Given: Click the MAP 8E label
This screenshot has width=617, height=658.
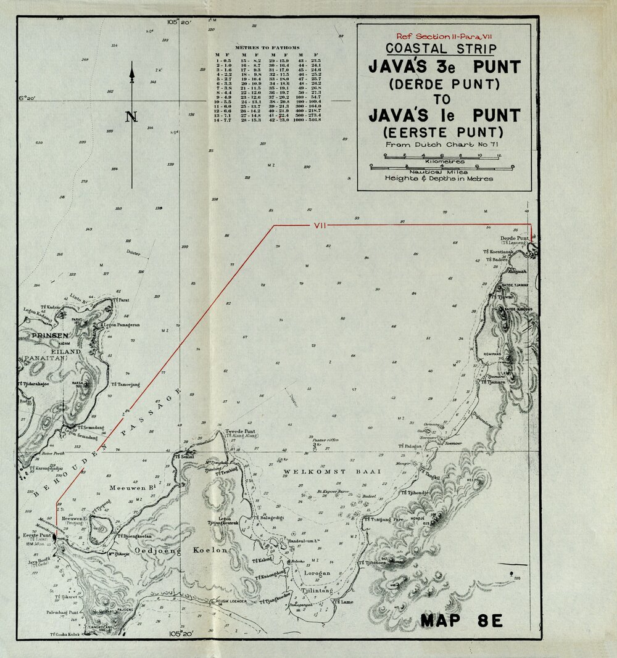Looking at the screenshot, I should (x=462, y=620).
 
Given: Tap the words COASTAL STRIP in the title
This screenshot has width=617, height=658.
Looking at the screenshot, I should (x=441, y=49).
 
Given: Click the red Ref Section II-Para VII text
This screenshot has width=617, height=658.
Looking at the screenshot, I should (x=444, y=37).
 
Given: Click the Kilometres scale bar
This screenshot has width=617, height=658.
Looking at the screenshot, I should (x=441, y=158).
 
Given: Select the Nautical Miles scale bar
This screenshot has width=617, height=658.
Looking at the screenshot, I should (x=441, y=167).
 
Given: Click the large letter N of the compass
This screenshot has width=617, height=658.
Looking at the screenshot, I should (x=131, y=117).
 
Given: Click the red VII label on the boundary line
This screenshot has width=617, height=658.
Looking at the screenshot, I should (x=320, y=226).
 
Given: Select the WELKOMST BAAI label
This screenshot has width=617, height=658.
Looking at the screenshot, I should (x=333, y=472).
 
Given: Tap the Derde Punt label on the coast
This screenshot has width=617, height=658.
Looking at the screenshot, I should (x=515, y=238).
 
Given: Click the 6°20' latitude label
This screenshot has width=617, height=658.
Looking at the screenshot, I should (x=28, y=98).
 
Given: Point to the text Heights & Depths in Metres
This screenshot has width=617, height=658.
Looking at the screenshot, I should (x=439, y=178).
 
